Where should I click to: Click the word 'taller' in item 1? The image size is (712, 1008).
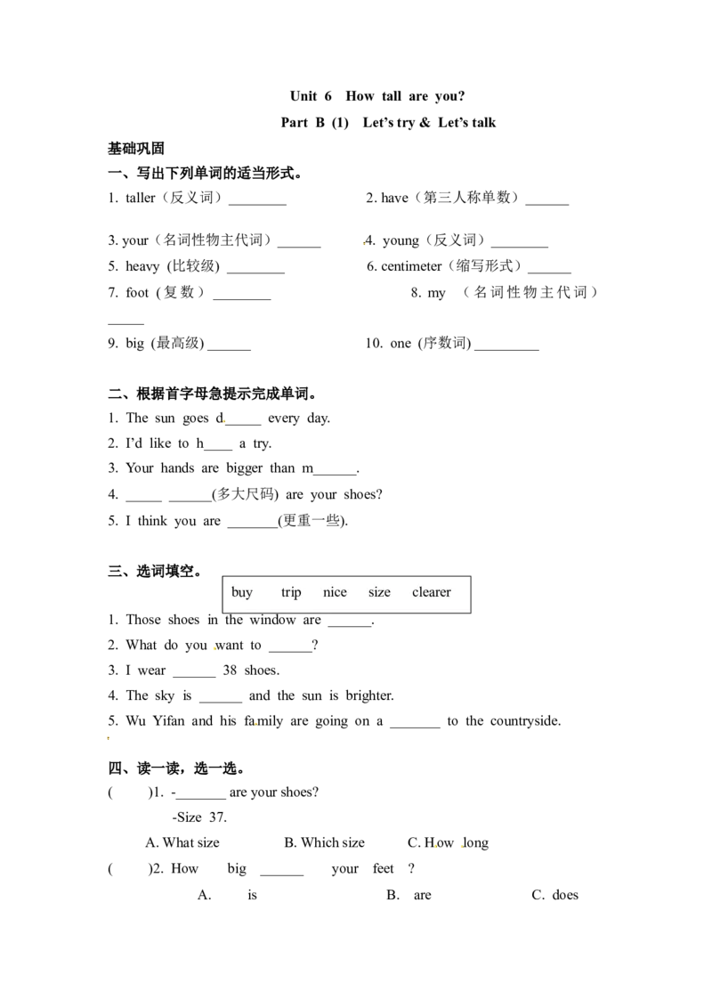pos(140,198)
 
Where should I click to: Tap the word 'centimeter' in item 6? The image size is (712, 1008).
pos(411,266)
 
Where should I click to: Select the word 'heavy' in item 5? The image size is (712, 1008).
pos(142,267)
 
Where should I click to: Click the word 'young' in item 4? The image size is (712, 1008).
pos(400,241)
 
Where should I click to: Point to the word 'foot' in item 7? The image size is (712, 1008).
pos(137,292)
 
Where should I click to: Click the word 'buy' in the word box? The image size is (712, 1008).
pos(241,592)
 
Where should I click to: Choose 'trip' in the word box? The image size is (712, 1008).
pos(291,592)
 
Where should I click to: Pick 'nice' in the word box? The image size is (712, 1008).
pos(335,592)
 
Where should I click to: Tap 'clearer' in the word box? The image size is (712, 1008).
pos(431,592)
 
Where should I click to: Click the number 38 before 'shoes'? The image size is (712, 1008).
pos(230,671)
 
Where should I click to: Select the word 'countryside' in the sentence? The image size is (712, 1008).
pos(524,721)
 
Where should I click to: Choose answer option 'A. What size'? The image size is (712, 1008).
pos(182,842)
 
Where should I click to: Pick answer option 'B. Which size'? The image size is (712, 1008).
pos(325,842)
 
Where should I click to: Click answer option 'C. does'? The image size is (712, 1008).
pos(555,895)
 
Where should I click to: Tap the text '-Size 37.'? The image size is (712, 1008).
pos(199,817)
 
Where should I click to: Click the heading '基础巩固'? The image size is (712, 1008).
pos(135,149)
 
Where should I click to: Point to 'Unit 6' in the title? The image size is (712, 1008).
pos(311,96)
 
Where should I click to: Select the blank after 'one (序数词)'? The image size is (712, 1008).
pos(506,349)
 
